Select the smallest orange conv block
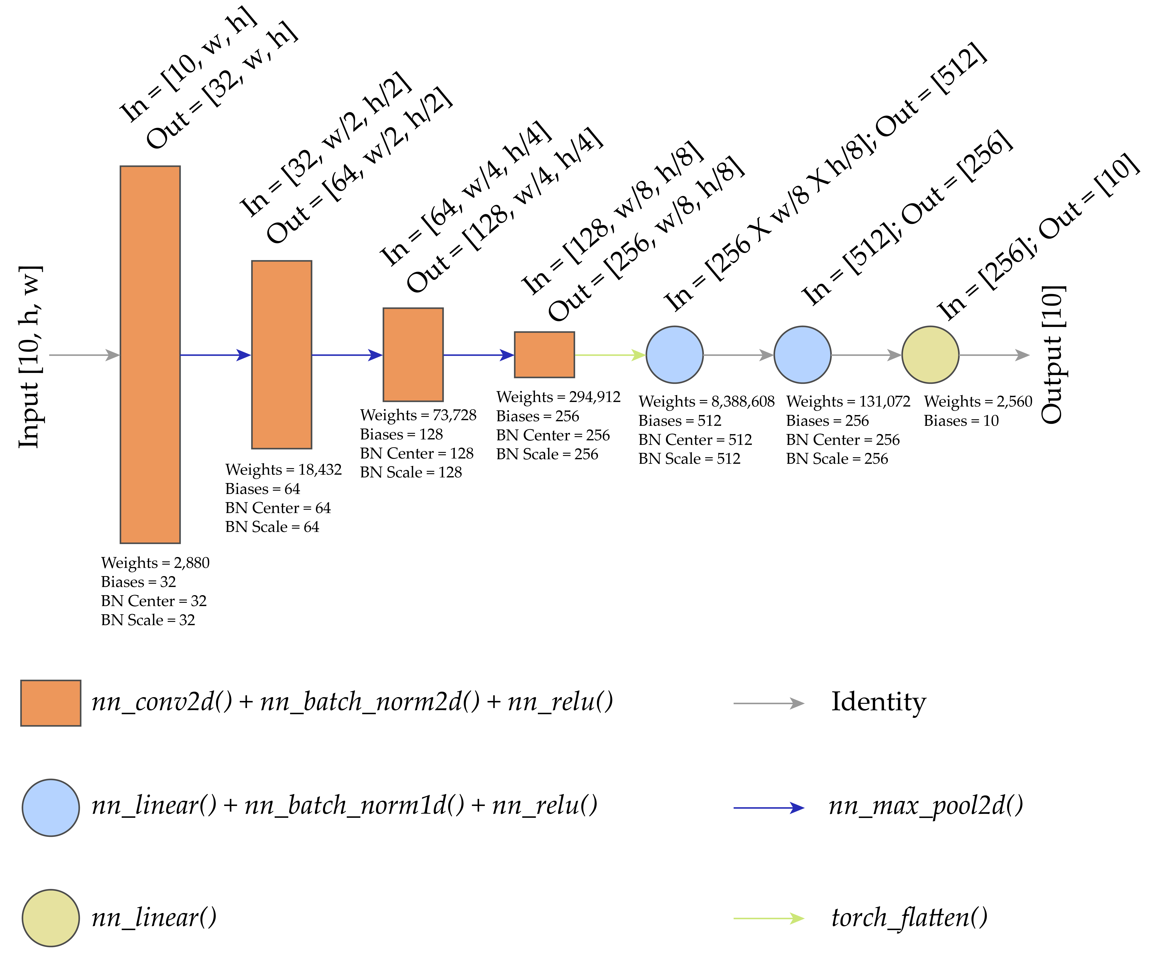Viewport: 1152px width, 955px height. (x=544, y=355)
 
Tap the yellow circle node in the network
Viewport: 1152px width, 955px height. (x=930, y=355)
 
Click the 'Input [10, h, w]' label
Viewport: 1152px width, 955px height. (x=30, y=357)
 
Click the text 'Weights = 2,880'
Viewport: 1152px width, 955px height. (x=155, y=563)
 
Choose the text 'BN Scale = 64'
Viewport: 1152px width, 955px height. (x=272, y=527)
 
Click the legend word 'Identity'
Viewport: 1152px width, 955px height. (x=878, y=702)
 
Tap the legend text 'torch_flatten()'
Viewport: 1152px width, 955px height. (x=909, y=918)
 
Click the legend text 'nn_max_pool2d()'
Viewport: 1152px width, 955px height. (x=925, y=806)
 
